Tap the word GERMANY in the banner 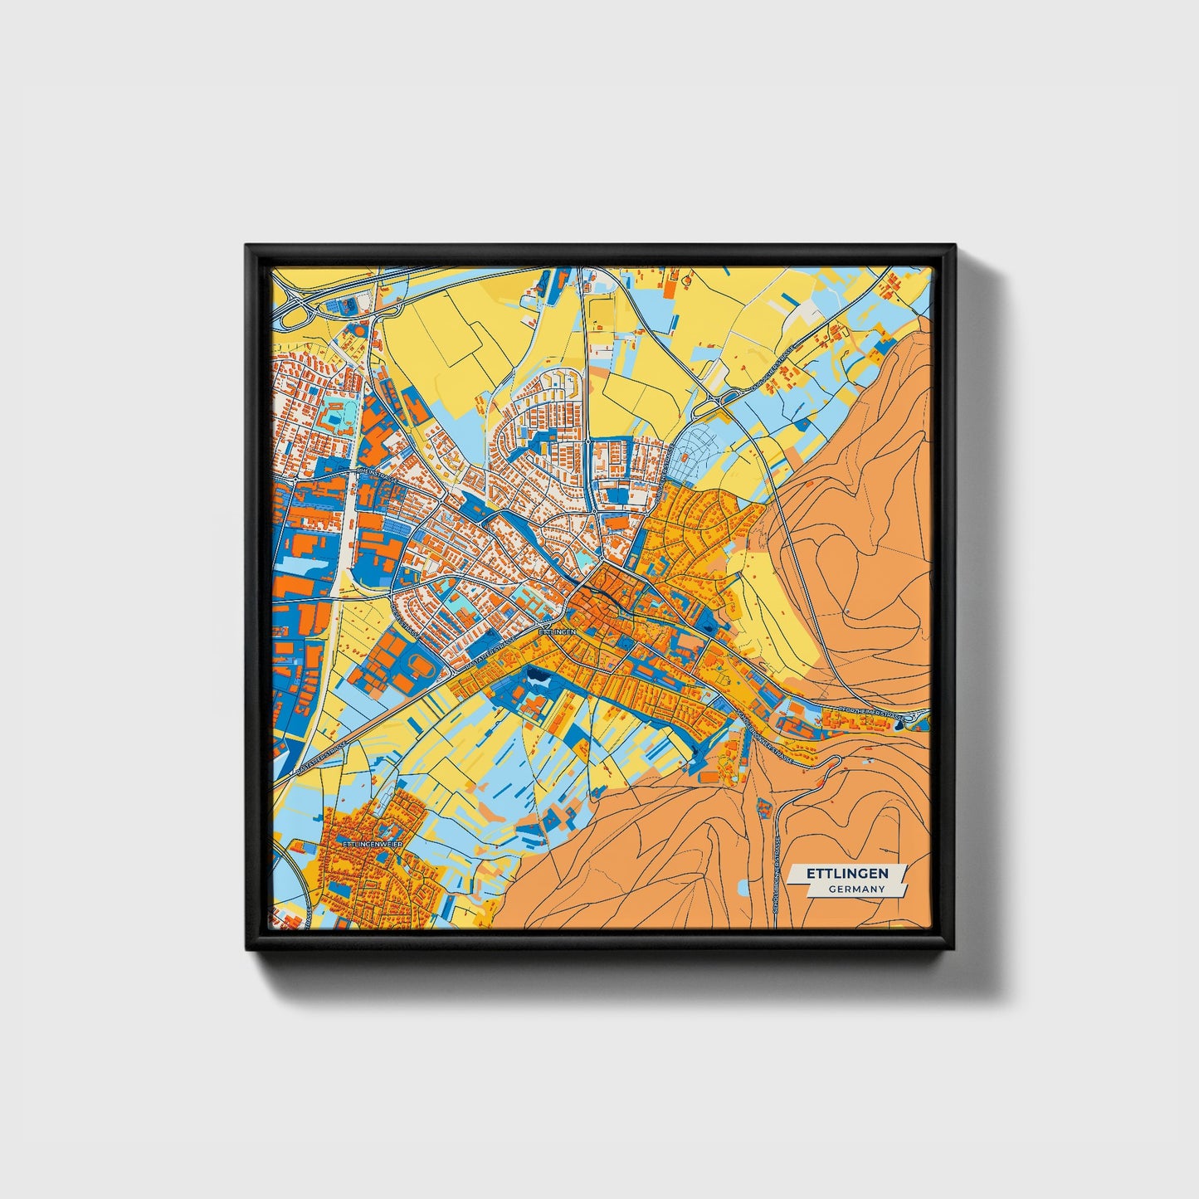(x=856, y=889)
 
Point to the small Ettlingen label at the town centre (x=557, y=632)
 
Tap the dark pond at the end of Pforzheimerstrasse (x=902, y=725)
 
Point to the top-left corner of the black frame (x=246, y=246)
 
